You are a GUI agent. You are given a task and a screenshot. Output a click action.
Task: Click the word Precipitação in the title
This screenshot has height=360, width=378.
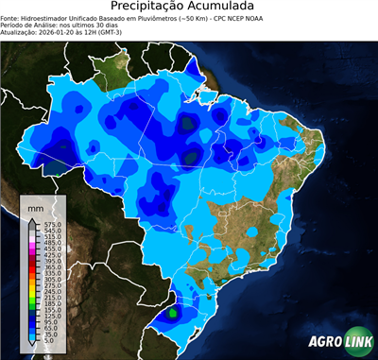(155, 8)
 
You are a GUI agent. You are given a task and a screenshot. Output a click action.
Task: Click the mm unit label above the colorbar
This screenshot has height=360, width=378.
(35, 206)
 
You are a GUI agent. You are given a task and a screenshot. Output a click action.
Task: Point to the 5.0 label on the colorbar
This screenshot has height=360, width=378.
(49, 339)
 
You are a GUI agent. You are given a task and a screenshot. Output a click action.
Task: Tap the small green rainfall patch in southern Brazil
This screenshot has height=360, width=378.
(173, 311)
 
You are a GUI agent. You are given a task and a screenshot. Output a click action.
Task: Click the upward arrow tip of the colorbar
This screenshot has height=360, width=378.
(33, 216)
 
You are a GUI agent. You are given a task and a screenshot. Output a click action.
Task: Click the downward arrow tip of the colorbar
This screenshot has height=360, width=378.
(33, 347)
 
